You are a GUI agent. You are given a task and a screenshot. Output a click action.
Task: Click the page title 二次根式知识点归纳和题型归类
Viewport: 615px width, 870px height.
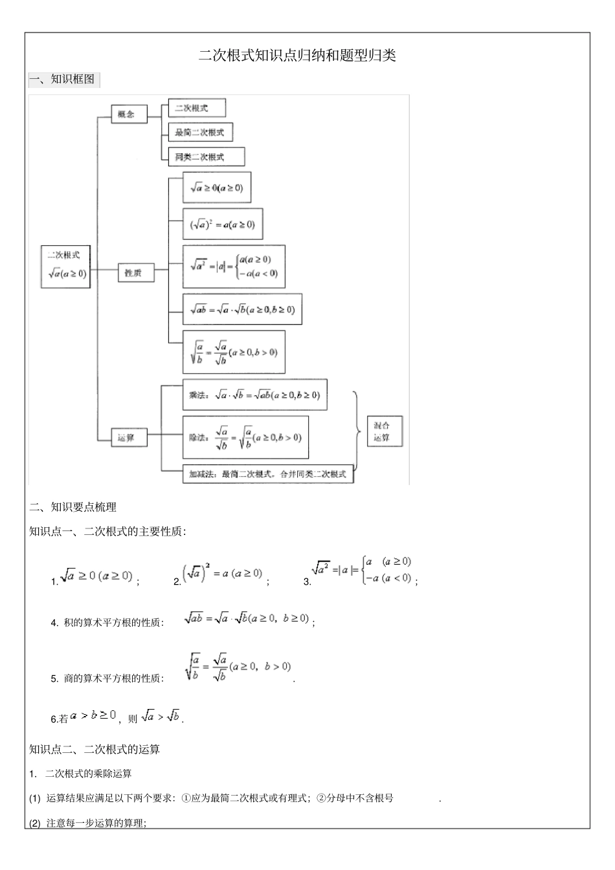297,56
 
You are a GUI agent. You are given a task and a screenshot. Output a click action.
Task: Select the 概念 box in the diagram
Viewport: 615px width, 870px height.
128,114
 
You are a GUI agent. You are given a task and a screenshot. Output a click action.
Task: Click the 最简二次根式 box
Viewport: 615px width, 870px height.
199,133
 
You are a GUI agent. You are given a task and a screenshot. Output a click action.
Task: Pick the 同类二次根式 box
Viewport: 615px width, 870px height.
206,157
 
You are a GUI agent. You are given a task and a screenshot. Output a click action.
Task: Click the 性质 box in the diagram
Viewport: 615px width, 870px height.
135,273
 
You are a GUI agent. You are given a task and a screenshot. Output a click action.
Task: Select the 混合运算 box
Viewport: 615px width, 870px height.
384,431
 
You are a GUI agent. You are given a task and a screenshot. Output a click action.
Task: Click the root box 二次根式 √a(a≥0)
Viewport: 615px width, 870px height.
65,266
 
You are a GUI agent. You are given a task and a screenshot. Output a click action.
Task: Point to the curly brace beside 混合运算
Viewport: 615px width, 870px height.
357,431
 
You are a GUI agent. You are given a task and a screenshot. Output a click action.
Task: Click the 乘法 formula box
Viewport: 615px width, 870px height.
254,395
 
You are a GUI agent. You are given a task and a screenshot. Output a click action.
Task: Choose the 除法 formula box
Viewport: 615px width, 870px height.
245,437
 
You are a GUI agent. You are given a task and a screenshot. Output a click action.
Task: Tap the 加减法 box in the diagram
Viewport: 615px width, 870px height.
267,474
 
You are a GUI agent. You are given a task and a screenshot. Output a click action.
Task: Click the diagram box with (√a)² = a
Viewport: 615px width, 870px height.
222,224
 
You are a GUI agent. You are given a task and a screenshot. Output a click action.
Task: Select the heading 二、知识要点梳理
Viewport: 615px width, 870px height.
73,507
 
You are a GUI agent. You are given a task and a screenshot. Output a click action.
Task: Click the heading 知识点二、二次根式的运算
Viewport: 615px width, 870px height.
95,750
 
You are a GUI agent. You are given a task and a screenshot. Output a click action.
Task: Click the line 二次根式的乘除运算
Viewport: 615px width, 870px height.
88,774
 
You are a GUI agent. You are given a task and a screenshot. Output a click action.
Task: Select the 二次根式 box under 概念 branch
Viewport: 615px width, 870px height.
196,108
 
